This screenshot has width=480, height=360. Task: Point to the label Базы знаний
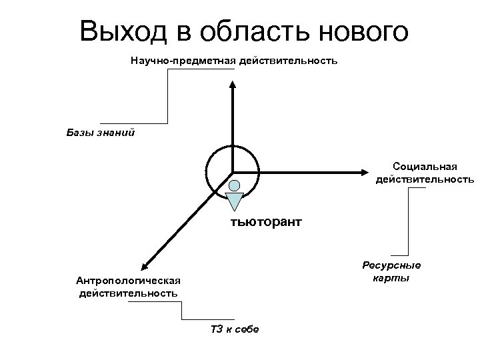pyautogui.click(x=101, y=132)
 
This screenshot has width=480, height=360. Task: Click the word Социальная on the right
pyautogui.click(x=425, y=167)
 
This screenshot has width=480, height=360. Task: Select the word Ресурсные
pyautogui.click(x=392, y=266)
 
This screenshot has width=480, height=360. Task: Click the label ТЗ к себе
pyautogui.click(x=234, y=330)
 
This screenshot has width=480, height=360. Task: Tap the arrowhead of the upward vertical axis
pyautogui.click(x=232, y=85)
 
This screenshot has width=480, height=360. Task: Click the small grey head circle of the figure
pyautogui.click(x=234, y=185)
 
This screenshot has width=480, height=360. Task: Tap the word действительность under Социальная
pyautogui.click(x=425, y=179)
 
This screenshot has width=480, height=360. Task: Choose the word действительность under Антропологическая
pyautogui.click(x=127, y=293)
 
